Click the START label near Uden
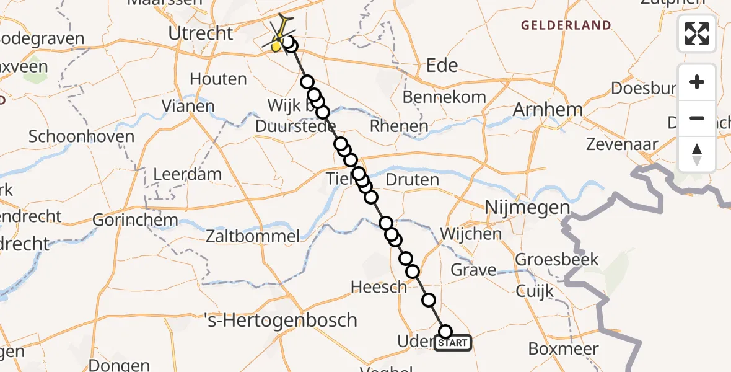point(453,343)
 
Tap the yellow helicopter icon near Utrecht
point(281,37)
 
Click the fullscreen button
point(697,33)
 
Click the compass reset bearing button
point(697,154)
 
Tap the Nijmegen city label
point(527,207)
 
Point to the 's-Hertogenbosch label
point(281,320)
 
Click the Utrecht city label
point(202,33)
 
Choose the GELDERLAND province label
point(566,25)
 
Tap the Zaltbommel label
point(253,236)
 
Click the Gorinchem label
point(135,219)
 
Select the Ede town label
point(442,65)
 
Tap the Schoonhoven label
point(81,136)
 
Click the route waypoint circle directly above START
point(445,332)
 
